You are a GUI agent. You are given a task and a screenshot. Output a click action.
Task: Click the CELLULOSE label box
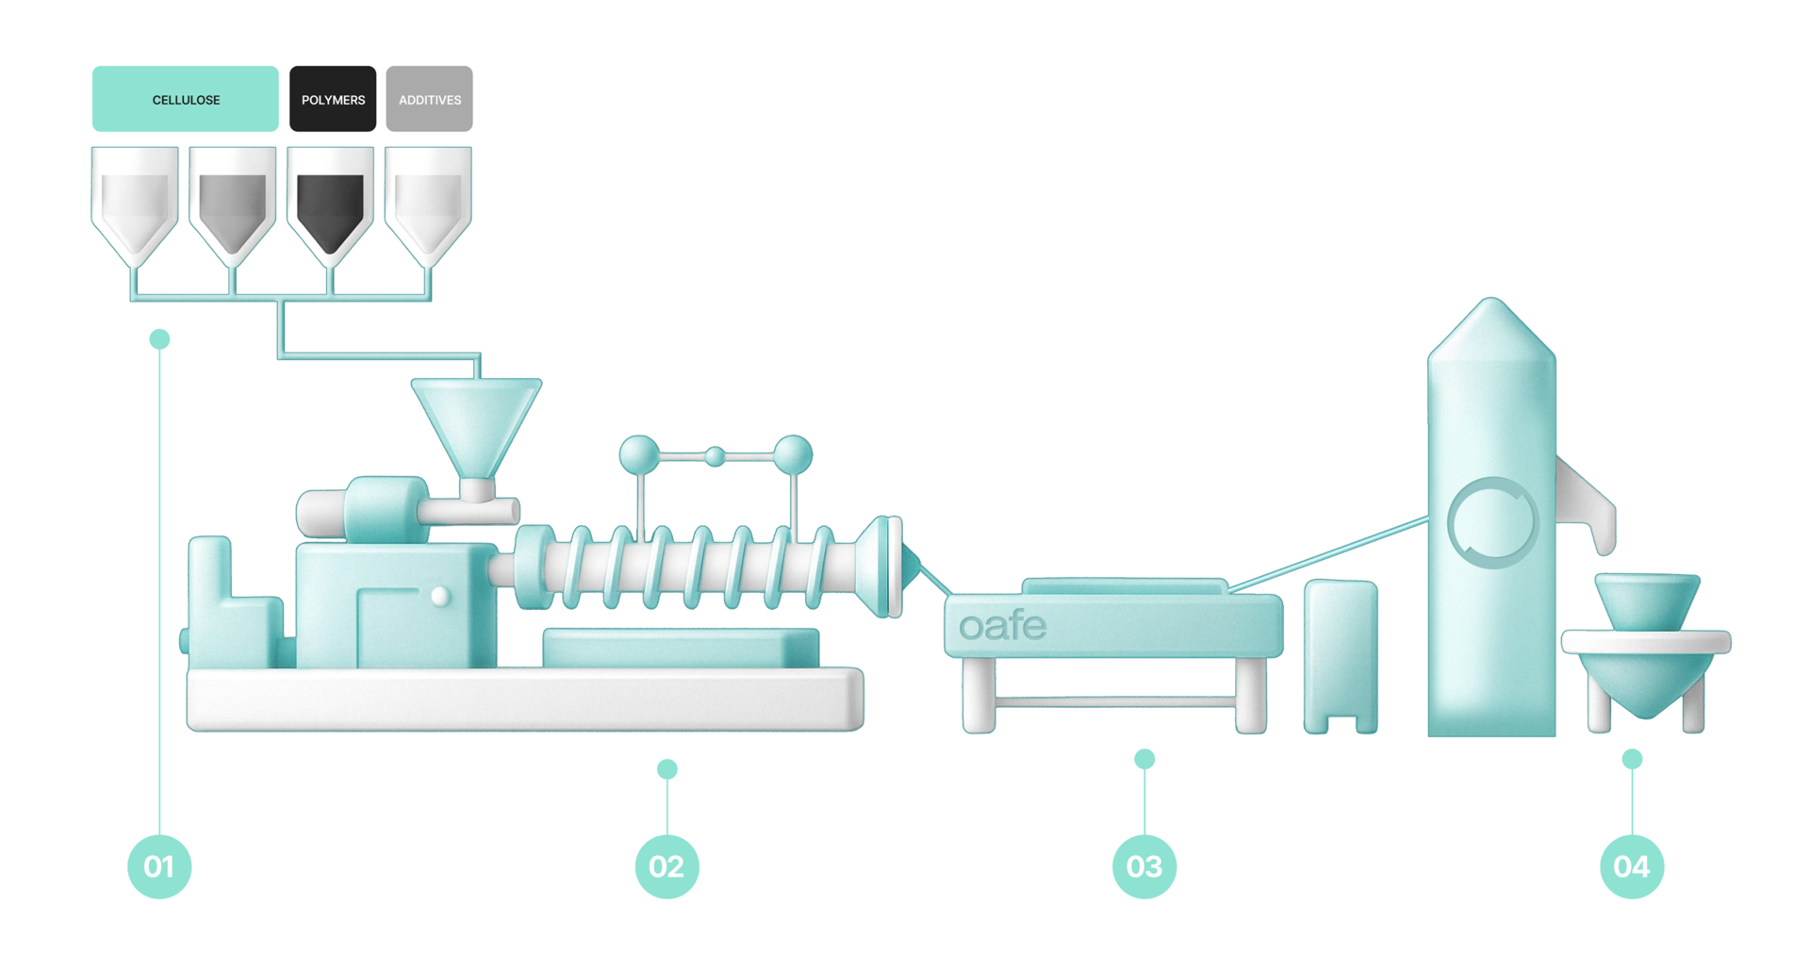point(186,99)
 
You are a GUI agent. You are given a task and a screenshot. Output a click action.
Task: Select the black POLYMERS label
point(333,99)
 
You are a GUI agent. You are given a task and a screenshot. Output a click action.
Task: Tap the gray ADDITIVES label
point(429,99)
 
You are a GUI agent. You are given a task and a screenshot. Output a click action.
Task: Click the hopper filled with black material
point(330,207)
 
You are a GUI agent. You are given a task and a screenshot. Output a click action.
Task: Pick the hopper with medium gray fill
point(233,207)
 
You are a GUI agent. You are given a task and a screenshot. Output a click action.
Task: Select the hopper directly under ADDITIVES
point(428,207)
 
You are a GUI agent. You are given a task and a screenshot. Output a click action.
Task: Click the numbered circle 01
point(159,866)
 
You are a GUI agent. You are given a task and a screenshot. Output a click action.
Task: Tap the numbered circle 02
point(667,866)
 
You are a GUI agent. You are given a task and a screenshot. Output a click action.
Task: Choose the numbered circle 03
point(1144,866)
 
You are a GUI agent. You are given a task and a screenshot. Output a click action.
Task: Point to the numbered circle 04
point(1632,866)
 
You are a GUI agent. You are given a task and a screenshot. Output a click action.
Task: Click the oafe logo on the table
point(1002,626)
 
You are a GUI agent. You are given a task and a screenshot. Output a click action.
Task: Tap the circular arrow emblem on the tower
point(1492,523)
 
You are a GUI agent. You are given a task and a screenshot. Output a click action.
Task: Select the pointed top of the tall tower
point(1491,300)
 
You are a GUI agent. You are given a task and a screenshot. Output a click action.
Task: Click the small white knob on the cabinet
point(440,596)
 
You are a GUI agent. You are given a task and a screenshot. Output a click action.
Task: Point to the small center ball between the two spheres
point(716,457)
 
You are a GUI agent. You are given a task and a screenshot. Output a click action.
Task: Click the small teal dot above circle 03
point(1144,759)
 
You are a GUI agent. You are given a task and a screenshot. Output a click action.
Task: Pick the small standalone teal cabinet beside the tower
point(1341,656)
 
